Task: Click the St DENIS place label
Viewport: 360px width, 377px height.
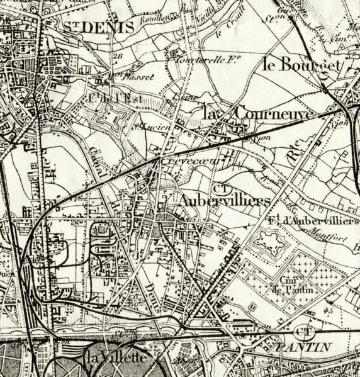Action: tap(99, 27)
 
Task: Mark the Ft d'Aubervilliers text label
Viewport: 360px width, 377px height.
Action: tap(312, 221)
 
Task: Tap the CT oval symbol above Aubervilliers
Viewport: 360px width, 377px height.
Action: tap(220, 187)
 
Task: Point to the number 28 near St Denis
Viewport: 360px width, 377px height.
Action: tap(117, 55)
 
